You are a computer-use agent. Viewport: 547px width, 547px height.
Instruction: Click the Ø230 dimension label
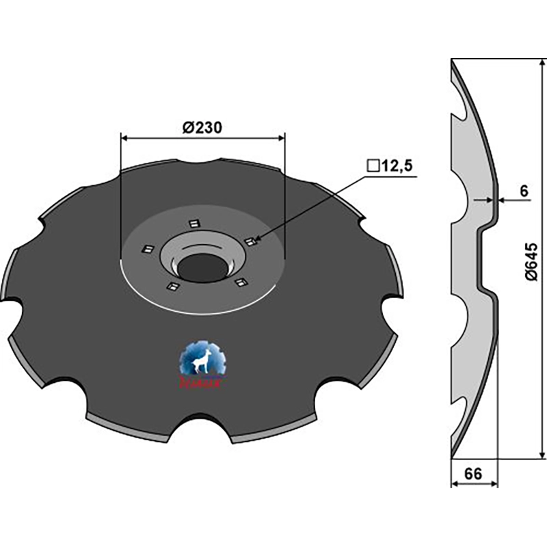tap(202, 126)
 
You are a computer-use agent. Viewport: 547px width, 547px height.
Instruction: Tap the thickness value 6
tap(523, 191)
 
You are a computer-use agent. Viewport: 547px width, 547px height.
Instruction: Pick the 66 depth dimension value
tap(475, 473)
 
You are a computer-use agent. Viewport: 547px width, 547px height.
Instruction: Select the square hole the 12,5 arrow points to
tap(250, 241)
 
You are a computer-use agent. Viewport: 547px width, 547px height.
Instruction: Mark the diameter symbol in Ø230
tap(188, 126)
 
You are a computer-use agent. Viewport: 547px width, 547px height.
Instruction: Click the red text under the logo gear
tap(203, 384)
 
